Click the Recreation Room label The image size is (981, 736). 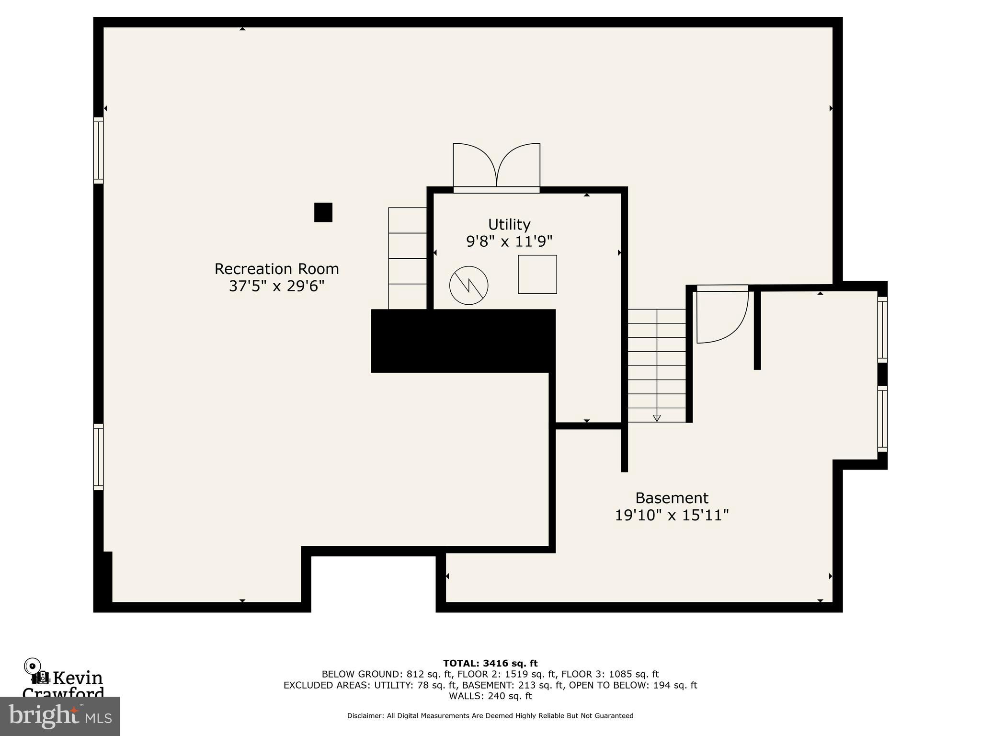tap(276, 269)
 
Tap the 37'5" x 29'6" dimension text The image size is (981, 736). tap(276, 286)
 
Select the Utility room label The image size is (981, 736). tap(509, 224)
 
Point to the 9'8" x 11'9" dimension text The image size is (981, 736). tap(509, 241)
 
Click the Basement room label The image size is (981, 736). tap(672, 497)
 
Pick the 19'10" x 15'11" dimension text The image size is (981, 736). tap(672, 515)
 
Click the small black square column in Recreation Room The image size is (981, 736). tap(323, 212)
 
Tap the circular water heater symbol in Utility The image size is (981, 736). tap(468, 285)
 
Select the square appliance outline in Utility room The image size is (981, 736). tap(537, 274)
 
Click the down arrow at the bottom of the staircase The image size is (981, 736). tap(657, 418)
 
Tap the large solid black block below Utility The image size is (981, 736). tap(463, 341)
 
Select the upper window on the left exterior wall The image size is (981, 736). tap(98, 150)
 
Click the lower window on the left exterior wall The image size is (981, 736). tap(98, 457)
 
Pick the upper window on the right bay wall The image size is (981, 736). tap(882, 329)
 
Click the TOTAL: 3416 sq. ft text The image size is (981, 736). tap(490, 663)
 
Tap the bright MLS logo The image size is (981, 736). tap(60, 716)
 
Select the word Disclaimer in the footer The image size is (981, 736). tap(365, 715)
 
